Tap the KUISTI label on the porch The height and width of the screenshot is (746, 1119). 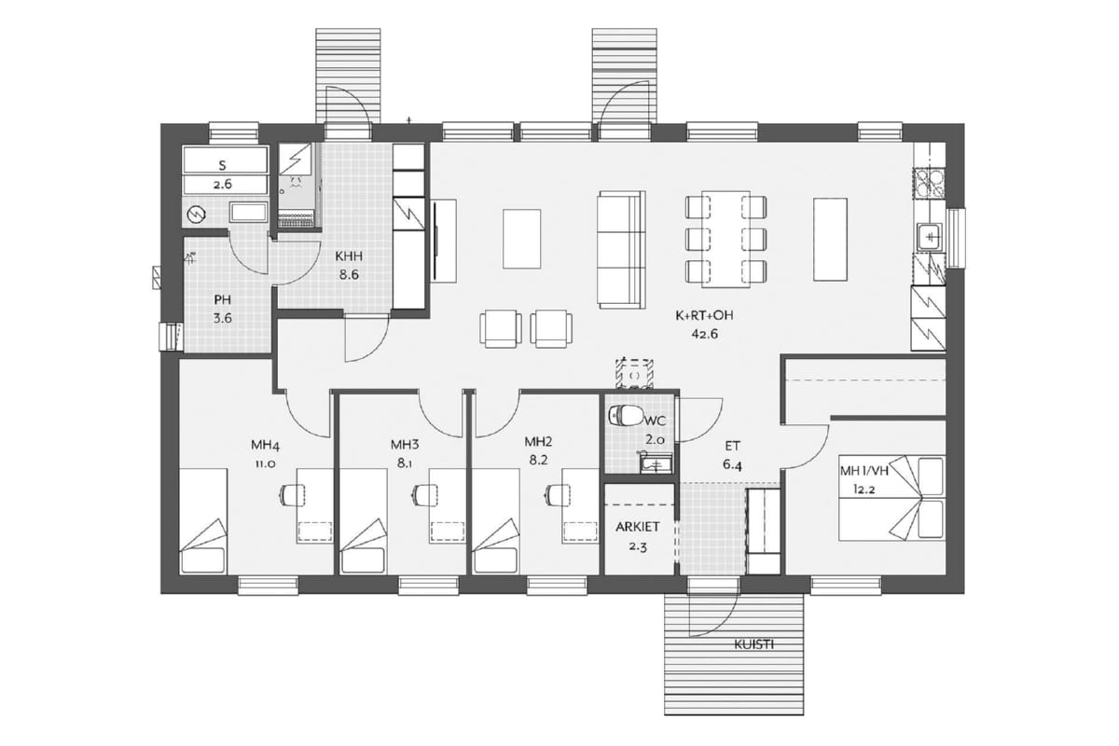click(x=753, y=644)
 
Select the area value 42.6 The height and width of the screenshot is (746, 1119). click(x=704, y=334)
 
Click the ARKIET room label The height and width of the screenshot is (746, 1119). click(x=638, y=527)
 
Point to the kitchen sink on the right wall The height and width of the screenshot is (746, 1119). click(x=929, y=237)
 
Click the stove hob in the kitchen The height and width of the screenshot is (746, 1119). click(x=929, y=184)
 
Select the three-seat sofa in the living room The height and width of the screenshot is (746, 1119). click(x=621, y=249)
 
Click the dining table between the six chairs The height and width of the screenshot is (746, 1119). click(x=725, y=240)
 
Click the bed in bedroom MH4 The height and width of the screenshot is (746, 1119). click(x=203, y=520)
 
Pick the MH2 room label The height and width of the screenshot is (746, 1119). click(x=538, y=442)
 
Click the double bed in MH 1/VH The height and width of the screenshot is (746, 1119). click(x=891, y=498)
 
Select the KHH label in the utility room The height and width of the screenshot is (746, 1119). click(x=349, y=256)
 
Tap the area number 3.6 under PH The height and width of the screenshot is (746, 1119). click(x=222, y=318)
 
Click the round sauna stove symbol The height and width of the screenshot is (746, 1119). click(x=195, y=214)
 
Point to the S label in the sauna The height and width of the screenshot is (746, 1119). click(x=223, y=165)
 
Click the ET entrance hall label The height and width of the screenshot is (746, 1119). click(x=733, y=446)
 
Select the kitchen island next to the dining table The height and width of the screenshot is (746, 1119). click(x=830, y=240)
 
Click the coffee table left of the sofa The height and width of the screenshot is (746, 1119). click(x=522, y=239)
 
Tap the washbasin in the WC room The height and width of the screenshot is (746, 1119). click(x=656, y=464)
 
